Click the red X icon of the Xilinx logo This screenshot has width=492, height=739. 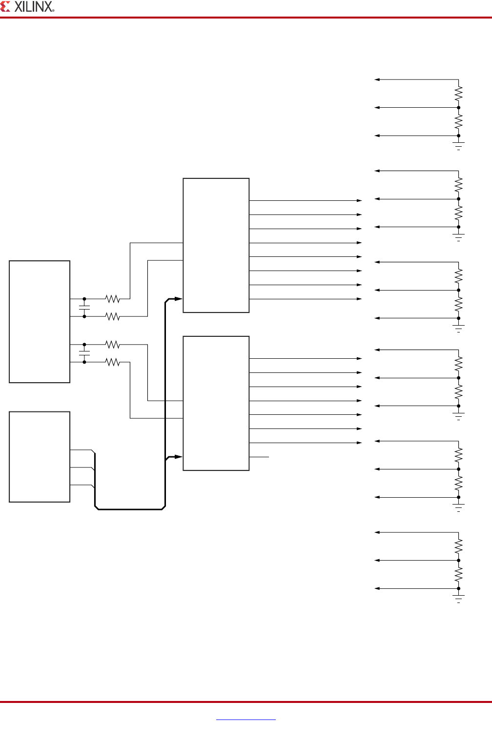point(5,6)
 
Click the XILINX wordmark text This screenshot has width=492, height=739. point(33,7)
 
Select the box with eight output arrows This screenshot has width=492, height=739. point(216,245)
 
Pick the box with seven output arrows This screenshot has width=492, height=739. point(216,403)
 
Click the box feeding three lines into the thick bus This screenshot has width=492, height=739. point(40,457)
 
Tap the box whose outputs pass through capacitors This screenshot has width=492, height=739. point(40,322)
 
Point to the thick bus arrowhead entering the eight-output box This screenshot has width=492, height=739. point(178,299)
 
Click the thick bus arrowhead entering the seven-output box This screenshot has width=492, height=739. point(178,457)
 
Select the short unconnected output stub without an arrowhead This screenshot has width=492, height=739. point(259,457)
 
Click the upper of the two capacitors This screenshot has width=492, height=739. point(84,308)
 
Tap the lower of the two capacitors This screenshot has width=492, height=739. point(84,353)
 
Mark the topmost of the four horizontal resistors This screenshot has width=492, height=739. point(112,298)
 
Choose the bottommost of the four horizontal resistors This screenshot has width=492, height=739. point(112,362)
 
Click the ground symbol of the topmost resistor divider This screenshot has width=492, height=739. point(458,145)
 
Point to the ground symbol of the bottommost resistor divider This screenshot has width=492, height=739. point(458,598)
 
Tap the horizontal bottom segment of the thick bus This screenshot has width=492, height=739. point(130,509)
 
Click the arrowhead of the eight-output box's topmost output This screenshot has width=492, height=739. point(359,200)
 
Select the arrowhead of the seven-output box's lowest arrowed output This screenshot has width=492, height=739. point(359,443)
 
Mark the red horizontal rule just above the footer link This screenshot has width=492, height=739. point(246,702)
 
